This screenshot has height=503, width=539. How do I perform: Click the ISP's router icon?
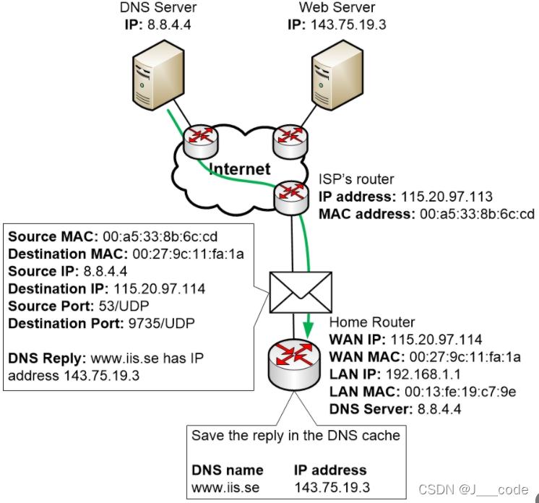tap(292, 195)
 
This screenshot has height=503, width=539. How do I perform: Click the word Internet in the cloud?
tap(239, 170)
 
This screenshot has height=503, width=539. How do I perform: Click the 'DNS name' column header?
tap(227, 470)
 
